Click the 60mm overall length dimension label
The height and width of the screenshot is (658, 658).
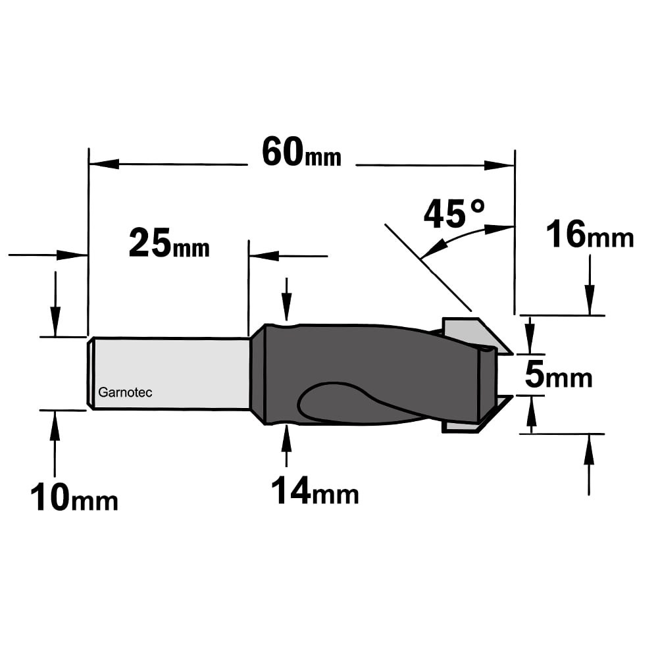click(301, 153)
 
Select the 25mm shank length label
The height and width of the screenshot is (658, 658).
click(169, 243)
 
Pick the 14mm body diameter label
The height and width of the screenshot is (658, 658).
click(315, 490)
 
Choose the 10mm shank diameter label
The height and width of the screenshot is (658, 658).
click(74, 497)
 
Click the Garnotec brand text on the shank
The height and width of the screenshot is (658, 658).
click(125, 392)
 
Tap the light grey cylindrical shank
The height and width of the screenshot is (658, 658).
click(170, 374)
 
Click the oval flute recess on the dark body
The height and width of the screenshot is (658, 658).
click(336, 402)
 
